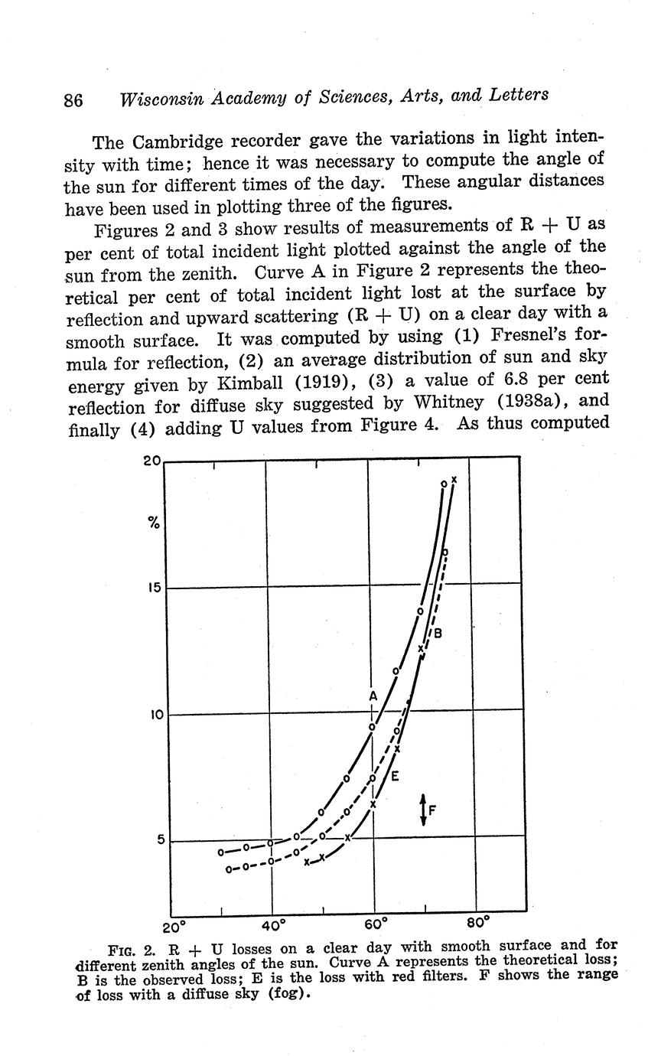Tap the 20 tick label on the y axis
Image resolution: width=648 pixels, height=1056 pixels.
click(x=152, y=461)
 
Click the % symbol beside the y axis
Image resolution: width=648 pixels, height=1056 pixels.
click(x=154, y=524)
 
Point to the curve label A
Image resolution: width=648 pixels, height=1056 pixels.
click(x=373, y=696)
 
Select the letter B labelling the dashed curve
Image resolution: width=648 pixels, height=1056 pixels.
click(x=438, y=634)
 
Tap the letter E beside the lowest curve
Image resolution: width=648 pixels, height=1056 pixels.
click(x=395, y=777)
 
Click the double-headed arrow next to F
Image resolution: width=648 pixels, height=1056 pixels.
click(x=423, y=810)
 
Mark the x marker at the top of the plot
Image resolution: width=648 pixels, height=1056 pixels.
click(x=454, y=480)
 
